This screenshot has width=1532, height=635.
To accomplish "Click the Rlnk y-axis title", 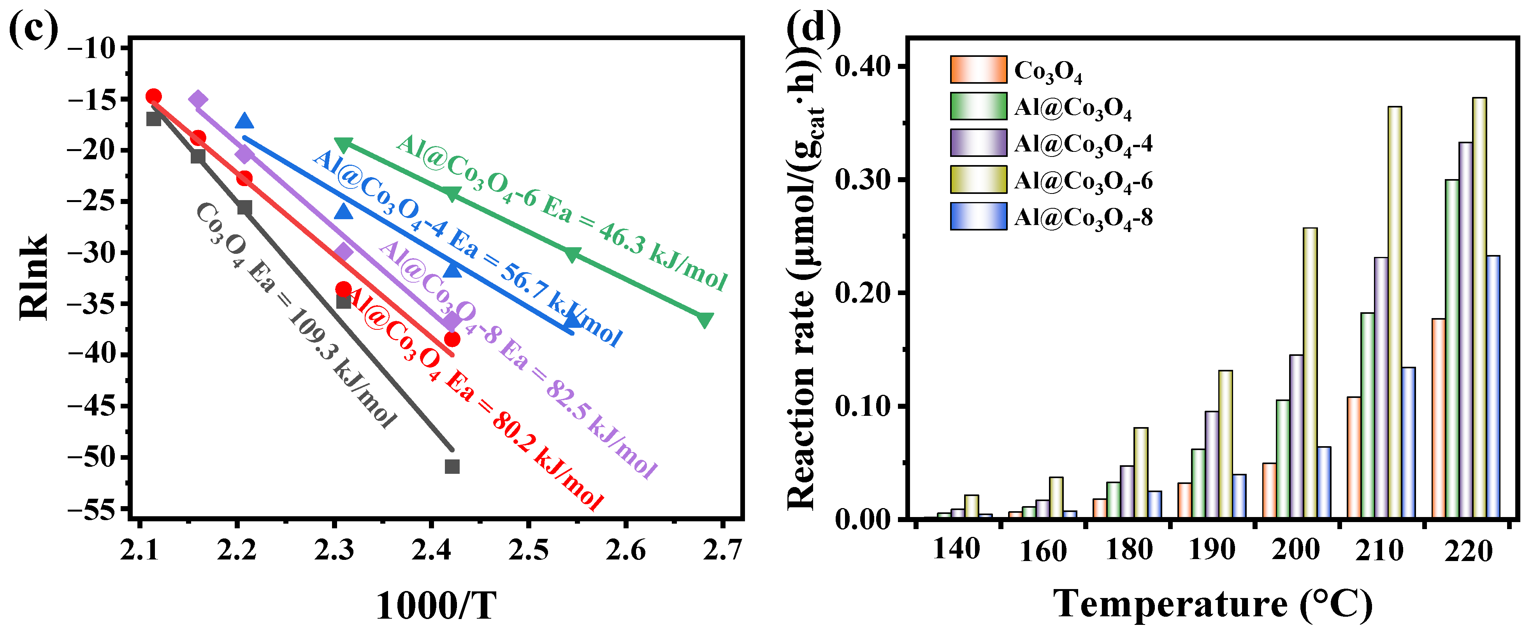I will coord(33,277).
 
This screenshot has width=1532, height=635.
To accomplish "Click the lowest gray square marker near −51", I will coord(452,466).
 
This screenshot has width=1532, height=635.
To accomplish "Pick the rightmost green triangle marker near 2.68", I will coord(705,320).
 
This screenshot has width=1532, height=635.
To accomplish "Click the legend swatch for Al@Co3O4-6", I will coord(978,180).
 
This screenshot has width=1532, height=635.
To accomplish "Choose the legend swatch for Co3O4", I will coord(978,70).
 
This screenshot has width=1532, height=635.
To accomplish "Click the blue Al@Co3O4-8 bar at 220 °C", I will coord(1493,387).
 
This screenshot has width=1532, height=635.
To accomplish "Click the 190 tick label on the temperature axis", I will coord(1211,550).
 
